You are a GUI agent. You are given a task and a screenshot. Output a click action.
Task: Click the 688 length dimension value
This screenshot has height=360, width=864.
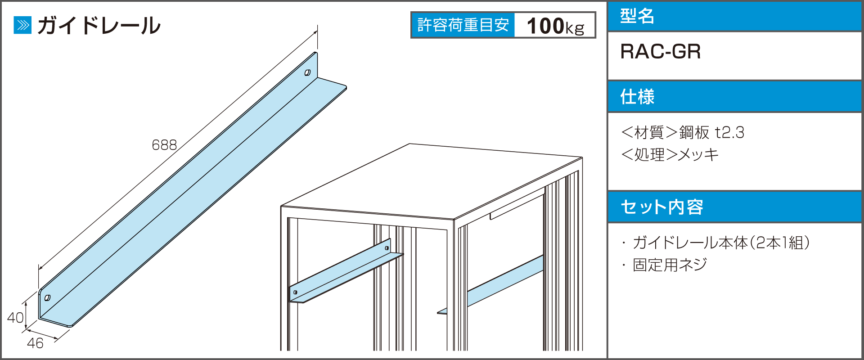(x=164, y=145)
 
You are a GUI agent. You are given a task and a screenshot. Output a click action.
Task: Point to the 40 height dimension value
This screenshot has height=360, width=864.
(x=15, y=318)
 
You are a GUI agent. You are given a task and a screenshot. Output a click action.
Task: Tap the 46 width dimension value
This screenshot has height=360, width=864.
(x=35, y=343)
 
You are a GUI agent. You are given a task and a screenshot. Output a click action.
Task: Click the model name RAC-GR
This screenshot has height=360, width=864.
(x=660, y=52)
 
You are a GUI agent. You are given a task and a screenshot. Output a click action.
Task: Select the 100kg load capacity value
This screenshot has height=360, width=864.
(x=555, y=26)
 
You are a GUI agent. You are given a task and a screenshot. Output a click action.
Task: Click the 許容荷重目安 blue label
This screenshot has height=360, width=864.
(x=463, y=25)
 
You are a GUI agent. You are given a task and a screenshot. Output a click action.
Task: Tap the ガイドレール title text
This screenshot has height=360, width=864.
(x=99, y=25)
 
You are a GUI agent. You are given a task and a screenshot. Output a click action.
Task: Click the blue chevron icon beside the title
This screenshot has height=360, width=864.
(x=22, y=25)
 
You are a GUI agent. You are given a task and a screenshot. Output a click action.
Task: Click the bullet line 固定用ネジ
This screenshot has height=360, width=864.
(x=665, y=265)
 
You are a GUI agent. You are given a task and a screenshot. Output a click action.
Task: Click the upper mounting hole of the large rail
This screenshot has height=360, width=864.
(x=307, y=72)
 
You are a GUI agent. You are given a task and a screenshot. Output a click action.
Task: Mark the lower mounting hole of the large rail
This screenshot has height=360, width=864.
(x=47, y=297)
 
